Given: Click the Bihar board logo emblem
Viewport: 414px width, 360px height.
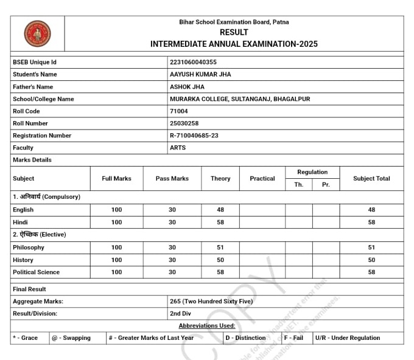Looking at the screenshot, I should (x=37, y=33).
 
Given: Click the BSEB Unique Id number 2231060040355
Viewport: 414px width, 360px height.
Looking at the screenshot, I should (x=193, y=62).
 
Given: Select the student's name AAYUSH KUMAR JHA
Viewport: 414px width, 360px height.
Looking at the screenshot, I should (x=200, y=74).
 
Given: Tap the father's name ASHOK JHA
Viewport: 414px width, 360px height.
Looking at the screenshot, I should (x=187, y=87).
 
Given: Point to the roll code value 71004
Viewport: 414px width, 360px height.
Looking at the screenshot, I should (x=179, y=111).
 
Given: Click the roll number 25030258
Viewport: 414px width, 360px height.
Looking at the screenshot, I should (x=184, y=123).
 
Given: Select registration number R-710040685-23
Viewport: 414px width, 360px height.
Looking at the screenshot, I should (x=194, y=136).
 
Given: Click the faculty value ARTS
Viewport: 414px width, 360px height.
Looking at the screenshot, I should (x=178, y=148).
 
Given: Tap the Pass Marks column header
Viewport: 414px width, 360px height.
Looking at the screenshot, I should (x=172, y=179).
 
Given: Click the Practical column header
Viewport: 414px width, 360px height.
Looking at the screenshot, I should (x=262, y=179).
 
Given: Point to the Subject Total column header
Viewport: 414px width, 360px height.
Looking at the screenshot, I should (x=371, y=179).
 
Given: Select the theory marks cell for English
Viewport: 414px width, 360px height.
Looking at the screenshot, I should (x=220, y=210).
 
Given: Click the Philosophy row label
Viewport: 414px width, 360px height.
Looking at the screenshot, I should (x=29, y=247).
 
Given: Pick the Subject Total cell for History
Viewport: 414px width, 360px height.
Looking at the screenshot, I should (x=371, y=260).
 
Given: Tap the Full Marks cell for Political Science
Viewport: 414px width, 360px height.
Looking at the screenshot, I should (x=116, y=272).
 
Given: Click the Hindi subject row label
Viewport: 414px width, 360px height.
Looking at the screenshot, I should (x=20, y=223).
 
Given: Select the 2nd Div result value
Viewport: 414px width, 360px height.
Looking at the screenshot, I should (x=181, y=313).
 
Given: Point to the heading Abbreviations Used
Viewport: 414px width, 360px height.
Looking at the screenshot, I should (x=206, y=326).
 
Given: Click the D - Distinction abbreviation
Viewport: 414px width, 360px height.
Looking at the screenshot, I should (x=245, y=338).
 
